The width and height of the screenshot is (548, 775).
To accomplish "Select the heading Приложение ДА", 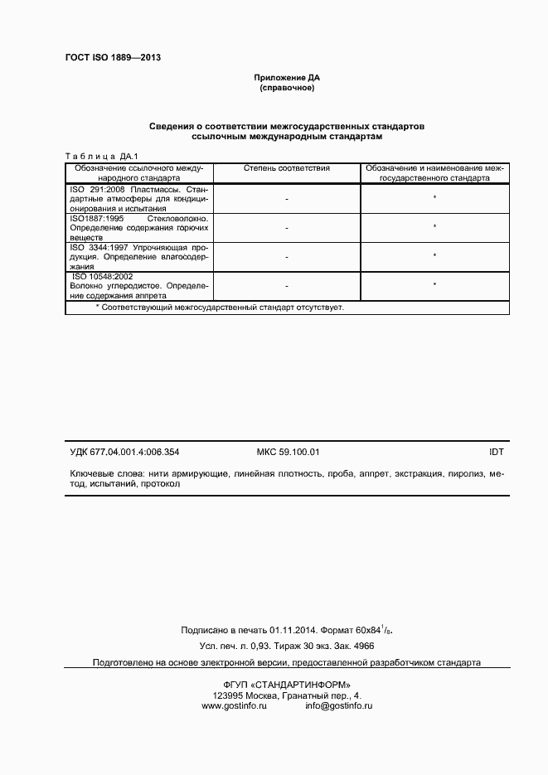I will (x=287, y=78).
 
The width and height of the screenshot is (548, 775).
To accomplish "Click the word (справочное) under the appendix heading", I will (x=287, y=88).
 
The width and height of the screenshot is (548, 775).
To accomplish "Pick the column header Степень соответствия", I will (x=287, y=168).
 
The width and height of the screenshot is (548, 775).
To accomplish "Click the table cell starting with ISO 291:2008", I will (x=138, y=199).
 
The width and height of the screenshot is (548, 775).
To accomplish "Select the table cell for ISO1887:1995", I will (x=138, y=226).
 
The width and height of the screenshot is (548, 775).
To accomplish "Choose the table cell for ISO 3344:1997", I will (x=138, y=256).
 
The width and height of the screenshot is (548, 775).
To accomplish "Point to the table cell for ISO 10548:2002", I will (x=138, y=285).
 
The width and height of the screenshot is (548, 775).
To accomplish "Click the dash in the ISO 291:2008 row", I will (x=287, y=199).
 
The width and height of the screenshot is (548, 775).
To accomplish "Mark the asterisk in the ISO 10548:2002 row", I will (x=434, y=285).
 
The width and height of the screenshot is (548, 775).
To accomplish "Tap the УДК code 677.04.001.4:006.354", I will (x=124, y=452).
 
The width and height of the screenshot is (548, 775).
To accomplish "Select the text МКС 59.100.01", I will (x=289, y=452).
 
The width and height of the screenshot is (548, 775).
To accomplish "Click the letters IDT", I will (x=497, y=452).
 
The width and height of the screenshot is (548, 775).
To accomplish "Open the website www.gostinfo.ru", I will (x=234, y=705).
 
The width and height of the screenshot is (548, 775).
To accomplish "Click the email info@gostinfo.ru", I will (x=338, y=705).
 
